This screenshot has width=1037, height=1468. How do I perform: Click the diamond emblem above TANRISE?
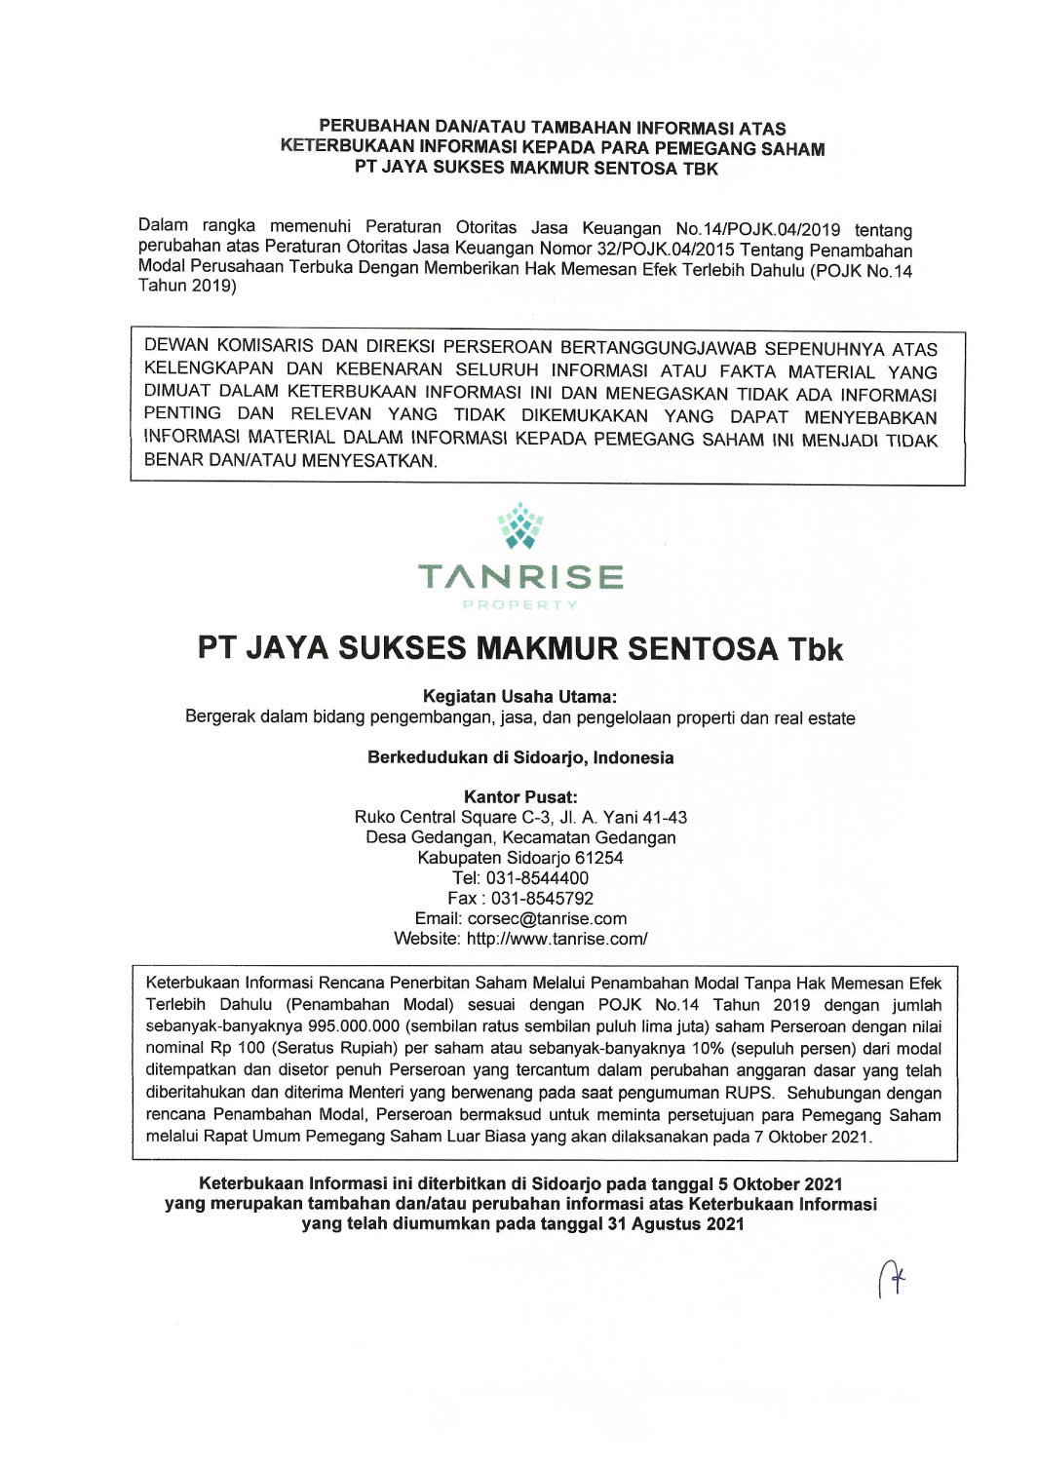(520, 526)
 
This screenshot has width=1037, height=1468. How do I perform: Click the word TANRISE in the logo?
(520, 576)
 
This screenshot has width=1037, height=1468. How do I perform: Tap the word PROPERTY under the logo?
(520, 604)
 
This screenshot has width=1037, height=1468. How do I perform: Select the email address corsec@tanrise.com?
(547, 918)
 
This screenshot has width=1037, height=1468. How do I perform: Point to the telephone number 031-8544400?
(537, 877)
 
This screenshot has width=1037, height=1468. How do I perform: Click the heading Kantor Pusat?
(520, 796)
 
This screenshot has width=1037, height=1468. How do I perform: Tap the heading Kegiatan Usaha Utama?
(520, 697)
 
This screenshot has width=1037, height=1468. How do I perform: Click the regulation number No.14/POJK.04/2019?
(757, 229)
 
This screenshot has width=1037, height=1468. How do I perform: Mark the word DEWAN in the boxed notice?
(176, 346)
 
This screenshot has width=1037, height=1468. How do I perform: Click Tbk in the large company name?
(815, 649)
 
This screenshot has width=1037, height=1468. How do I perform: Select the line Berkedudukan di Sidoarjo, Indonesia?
(520, 757)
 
